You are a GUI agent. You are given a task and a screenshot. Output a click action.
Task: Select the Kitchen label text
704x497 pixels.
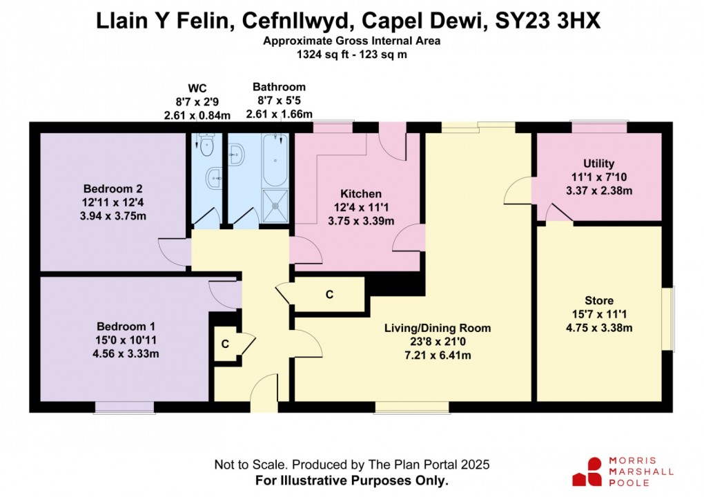pyautogui.click(x=360, y=194)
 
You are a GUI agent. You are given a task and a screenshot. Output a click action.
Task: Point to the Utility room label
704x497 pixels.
pyautogui.click(x=598, y=164)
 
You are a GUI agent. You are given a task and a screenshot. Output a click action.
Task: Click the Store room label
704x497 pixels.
pyautogui.click(x=598, y=300)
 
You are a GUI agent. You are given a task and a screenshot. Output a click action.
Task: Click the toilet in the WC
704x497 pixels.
pyautogui.click(x=206, y=143)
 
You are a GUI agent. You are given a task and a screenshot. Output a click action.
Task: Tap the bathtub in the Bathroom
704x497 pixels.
pyautogui.click(x=275, y=160)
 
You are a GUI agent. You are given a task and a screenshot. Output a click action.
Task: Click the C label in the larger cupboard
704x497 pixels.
pyautogui.click(x=329, y=295)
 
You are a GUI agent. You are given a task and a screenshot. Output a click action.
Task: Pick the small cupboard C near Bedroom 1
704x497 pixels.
pyautogui.click(x=225, y=344)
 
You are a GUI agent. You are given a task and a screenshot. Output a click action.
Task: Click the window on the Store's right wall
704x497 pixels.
pyautogui.click(x=667, y=318)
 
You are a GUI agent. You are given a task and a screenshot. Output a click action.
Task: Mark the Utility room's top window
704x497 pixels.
pyautogui.click(x=598, y=127)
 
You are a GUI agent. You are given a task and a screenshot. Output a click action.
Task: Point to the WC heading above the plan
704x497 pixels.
pyautogui.click(x=197, y=89)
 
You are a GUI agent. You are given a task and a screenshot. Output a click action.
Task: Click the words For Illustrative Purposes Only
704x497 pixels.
pyautogui.click(x=351, y=479)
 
